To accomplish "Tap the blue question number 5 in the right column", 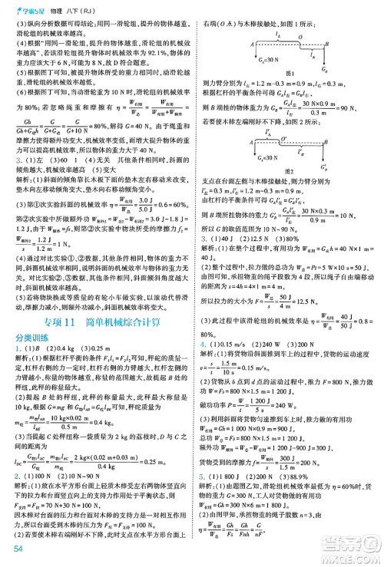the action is pos(203,476).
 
